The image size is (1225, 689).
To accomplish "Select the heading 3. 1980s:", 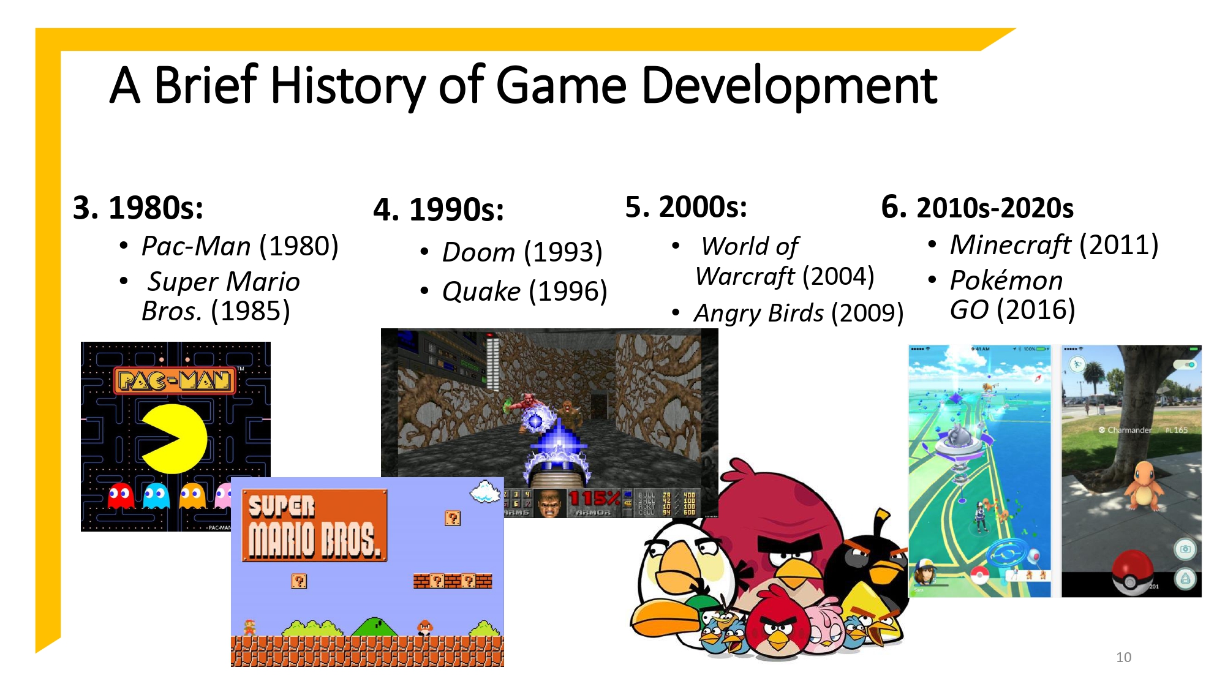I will [x=138, y=208].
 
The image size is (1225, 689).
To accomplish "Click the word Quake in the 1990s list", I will [x=481, y=292].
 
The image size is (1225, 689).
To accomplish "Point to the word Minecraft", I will [x=1010, y=245].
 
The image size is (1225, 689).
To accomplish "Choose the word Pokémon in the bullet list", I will [x=1006, y=280].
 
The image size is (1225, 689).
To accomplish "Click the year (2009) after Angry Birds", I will [x=867, y=313].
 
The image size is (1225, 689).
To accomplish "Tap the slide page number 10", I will [x=1123, y=657].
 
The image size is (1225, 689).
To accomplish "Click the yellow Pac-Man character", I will [x=174, y=439].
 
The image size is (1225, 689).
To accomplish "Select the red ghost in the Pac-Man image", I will [x=121, y=496].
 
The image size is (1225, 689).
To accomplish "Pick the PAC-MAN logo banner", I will [x=175, y=381].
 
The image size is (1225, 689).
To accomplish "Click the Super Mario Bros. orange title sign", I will [x=314, y=525].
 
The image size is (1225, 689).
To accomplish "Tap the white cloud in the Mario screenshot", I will [x=486, y=491].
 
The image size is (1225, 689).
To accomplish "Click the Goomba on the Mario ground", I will [x=425, y=627].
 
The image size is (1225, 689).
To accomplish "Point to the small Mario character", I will [x=249, y=627].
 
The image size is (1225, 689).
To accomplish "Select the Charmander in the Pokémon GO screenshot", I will [x=1143, y=485].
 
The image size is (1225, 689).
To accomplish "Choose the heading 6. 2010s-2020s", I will [x=977, y=208].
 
